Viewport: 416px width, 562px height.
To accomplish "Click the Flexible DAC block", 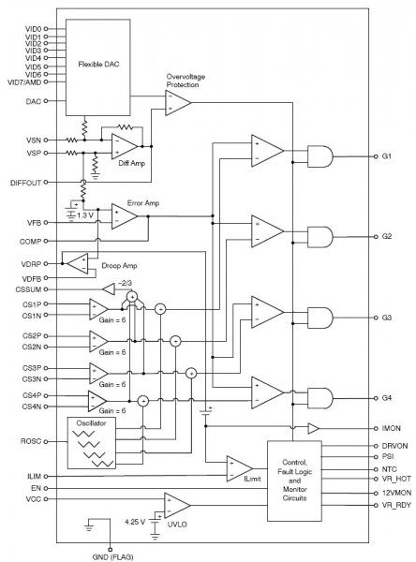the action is pos(97,67).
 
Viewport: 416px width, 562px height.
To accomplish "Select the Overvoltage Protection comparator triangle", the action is pos(178,103).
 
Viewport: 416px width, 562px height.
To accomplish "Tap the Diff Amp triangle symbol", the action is pos(124,146).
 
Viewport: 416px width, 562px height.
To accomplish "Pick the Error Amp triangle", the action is pos(124,216).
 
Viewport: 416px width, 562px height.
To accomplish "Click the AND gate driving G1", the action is pos(320,156).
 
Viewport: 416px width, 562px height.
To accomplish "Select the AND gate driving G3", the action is pos(320,318).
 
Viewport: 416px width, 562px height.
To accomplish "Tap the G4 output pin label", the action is pos(387,398).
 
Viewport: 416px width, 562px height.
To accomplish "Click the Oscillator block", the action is pos(92,443).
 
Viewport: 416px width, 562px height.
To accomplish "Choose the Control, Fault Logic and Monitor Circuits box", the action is pos(294,481).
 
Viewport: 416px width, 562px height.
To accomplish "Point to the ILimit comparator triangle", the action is pos(239,468).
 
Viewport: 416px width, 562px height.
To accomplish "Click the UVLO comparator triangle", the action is pos(177,506).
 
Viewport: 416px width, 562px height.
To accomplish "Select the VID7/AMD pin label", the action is pos(24,82).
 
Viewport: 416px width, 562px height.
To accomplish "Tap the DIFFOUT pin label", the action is pos(26,183).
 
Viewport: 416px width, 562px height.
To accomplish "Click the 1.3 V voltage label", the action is pos(85,215).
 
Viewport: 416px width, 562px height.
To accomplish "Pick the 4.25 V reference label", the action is pos(135,522).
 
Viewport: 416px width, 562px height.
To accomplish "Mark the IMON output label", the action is pos(392,428).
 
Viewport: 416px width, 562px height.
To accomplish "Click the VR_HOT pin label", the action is pos(396,479).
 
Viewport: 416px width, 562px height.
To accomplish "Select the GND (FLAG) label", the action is pos(112,557).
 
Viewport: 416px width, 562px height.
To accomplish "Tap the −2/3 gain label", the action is pos(125,283).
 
